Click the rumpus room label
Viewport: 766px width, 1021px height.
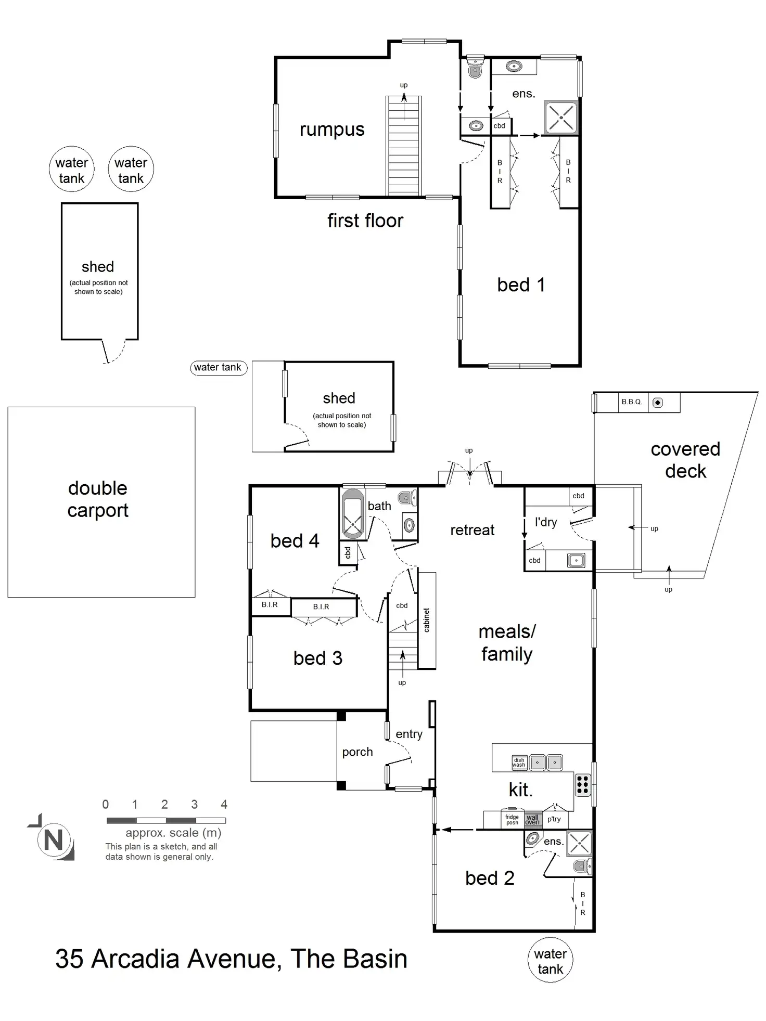(x=332, y=130)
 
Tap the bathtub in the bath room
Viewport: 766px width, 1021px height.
(x=353, y=514)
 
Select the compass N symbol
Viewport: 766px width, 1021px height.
(x=54, y=840)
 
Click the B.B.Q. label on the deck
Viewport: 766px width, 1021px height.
(x=632, y=402)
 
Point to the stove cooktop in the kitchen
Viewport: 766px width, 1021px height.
(x=583, y=785)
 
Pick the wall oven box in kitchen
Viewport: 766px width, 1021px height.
(x=532, y=820)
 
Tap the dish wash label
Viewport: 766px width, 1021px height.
(x=519, y=762)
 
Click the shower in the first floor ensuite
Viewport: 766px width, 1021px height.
(x=560, y=118)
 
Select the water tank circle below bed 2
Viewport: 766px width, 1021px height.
(x=550, y=961)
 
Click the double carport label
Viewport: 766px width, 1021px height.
(x=98, y=499)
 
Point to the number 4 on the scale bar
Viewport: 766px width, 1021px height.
(x=224, y=805)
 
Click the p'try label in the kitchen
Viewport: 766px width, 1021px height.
(x=554, y=819)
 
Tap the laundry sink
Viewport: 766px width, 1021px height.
(x=576, y=561)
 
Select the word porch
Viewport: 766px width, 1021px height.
(x=358, y=752)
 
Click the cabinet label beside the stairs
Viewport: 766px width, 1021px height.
(x=427, y=620)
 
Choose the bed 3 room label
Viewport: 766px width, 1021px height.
(x=317, y=658)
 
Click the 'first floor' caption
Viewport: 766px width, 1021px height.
(x=365, y=221)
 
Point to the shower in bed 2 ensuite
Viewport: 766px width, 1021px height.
(x=579, y=844)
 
